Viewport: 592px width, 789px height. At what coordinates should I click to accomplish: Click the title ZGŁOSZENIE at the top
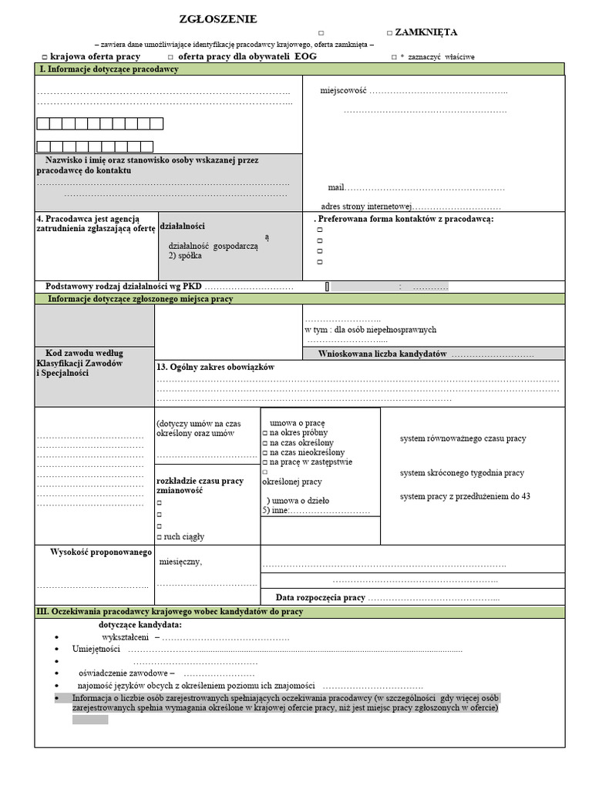[218, 19]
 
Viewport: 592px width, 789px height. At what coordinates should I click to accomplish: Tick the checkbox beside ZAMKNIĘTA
[389, 33]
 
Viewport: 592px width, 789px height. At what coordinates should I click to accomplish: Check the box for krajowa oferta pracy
[45, 57]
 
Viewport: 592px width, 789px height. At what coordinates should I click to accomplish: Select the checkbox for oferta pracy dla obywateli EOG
[170, 57]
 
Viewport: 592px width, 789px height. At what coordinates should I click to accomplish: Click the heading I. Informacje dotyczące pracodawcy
[109, 69]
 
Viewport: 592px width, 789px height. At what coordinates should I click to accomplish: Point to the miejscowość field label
[343, 91]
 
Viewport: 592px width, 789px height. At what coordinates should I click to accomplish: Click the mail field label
[335, 187]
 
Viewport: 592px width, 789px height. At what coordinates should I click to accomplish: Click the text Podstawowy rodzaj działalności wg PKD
[123, 286]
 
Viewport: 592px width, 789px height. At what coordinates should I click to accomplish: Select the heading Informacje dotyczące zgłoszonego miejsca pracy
[140, 299]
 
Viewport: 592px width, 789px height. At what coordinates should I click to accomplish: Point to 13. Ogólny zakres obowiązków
[215, 368]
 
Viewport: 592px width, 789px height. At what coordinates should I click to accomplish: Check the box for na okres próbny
[264, 434]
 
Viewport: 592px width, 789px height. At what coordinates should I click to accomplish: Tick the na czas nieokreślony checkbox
[264, 453]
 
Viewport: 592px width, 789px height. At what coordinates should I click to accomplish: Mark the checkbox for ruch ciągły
[160, 537]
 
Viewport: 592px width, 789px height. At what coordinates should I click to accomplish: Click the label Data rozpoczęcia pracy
[320, 597]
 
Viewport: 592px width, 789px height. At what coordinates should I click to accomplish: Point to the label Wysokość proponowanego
[101, 552]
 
